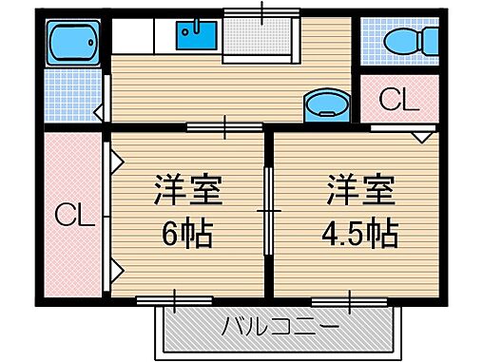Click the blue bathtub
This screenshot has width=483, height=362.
point(73,41)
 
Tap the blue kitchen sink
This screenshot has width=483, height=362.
point(196,37)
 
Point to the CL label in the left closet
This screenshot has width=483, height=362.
point(72,217)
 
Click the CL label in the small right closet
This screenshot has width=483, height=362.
point(398,99)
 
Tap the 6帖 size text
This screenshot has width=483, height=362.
point(188,231)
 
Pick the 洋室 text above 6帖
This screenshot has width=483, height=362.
point(188,190)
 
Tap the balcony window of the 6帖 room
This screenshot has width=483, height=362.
point(174,300)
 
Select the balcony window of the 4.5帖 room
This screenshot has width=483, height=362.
point(351,300)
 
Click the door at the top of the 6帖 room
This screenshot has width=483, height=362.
point(224,126)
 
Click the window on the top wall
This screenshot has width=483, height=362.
point(263,14)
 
